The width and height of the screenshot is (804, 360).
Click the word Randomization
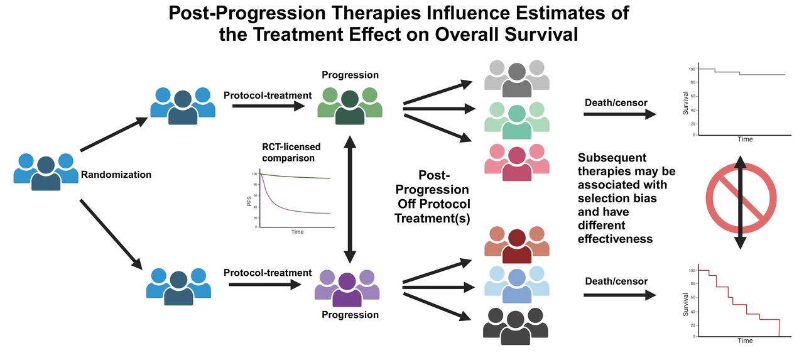pyautogui.click(x=116, y=175)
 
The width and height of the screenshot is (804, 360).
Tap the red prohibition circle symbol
pyautogui.click(x=741, y=203)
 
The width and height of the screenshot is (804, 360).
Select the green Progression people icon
pyautogui.click(x=349, y=104)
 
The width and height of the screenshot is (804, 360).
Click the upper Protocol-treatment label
pyautogui.click(x=268, y=95)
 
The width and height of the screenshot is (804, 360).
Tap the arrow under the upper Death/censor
pyautogui.click(x=619, y=114)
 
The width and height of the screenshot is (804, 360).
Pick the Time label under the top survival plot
pyautogui.click(x=745, y=139)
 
